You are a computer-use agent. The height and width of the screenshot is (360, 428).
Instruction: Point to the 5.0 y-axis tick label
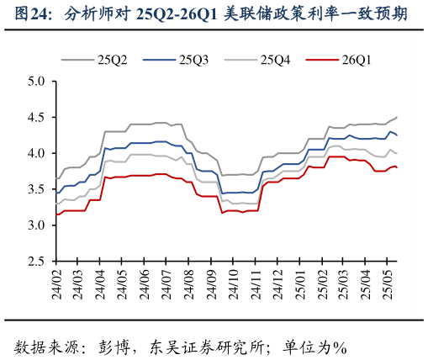pyautogui.click(x=35, y=82)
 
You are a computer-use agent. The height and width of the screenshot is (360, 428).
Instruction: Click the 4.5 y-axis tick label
pyautogui.click(x=35, y=118)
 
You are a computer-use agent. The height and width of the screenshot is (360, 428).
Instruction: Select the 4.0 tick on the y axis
pyautogui.click(x=35, y=154)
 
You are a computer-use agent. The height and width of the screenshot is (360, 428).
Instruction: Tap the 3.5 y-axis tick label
pyautogui.click(x=35, y=190)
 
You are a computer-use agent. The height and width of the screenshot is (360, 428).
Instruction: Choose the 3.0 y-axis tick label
pyautogui.click(x=35, y=226)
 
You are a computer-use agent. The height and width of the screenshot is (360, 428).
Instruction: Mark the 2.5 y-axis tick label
pyautogui.click(x=35, y=262)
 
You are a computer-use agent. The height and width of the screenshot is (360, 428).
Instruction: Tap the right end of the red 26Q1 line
pyautogui.click(x=397, y=167)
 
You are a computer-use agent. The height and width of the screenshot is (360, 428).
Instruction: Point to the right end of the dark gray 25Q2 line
pyautogui.click(x=397, y=117)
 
